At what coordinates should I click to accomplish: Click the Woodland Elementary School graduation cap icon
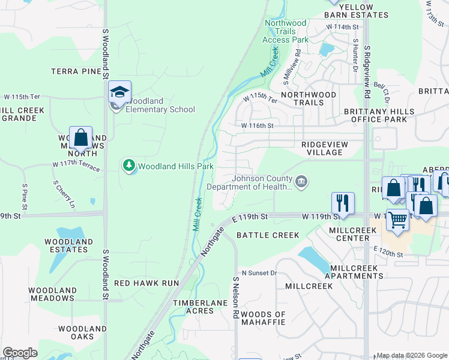click(x=119, y=92)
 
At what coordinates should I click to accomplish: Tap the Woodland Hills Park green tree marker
click(x=128, y=166)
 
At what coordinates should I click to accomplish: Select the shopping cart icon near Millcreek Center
click(x=397, y=220)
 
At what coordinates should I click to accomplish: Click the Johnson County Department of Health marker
click(x=302, y=179)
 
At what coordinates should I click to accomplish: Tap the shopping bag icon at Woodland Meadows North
click(x=81, y=138)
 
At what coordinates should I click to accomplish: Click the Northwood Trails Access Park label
click(x=286, y=31)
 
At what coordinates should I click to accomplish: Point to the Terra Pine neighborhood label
click(x=76, y=71)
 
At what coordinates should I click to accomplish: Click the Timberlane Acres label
click(x=193, y=307)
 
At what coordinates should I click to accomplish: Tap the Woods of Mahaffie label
click(x=264, y=318)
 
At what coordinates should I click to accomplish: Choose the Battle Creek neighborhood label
click(x=268, y=235)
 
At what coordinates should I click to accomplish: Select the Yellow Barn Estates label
click(x=357, y=10)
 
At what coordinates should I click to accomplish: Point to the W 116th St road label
click(x=258, y=126)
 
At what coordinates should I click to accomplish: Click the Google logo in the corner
click(x=20, y=353)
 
